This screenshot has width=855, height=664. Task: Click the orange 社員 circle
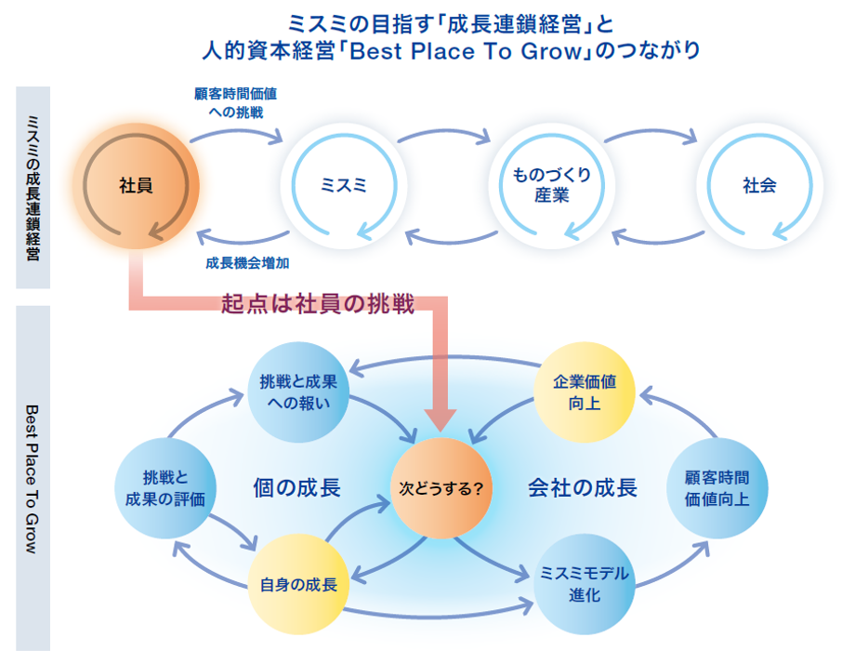[137, 185]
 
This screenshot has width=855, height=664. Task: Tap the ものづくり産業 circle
[551, 185]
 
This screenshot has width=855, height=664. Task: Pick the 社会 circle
[759, 185]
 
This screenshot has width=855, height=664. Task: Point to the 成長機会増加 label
[247, 263]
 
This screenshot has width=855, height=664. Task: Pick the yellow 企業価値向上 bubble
[585, 392]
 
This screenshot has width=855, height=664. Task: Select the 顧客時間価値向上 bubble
[717, 486]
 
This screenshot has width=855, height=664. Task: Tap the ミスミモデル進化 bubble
[585, 585]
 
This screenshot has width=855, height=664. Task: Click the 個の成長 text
[296, 487]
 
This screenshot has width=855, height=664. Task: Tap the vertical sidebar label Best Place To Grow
[33, 478]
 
